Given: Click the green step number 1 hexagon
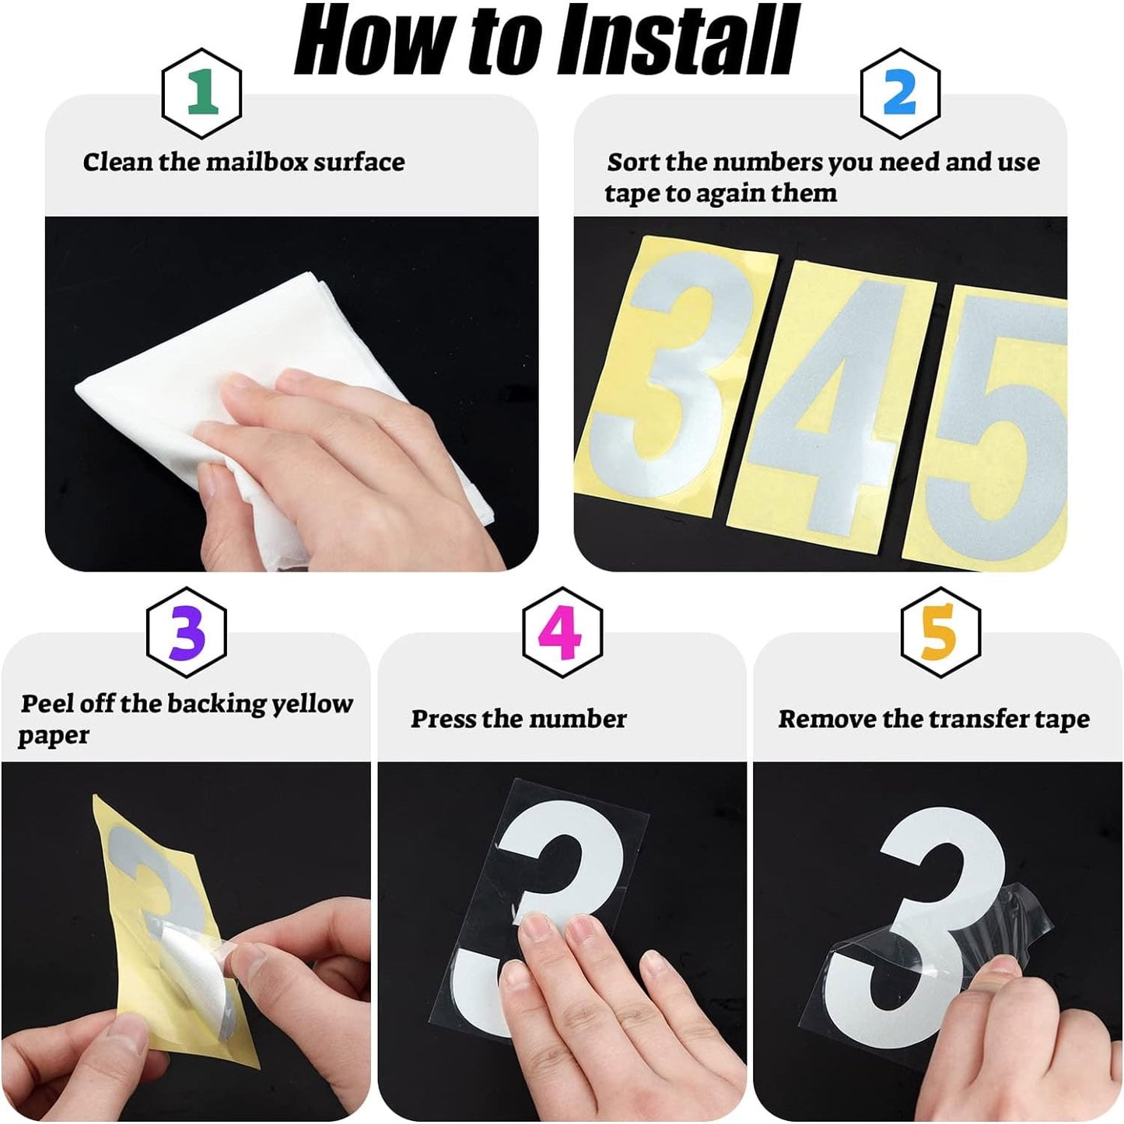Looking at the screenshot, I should click(201, 93).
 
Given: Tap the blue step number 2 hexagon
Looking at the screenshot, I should click(900, 93).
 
